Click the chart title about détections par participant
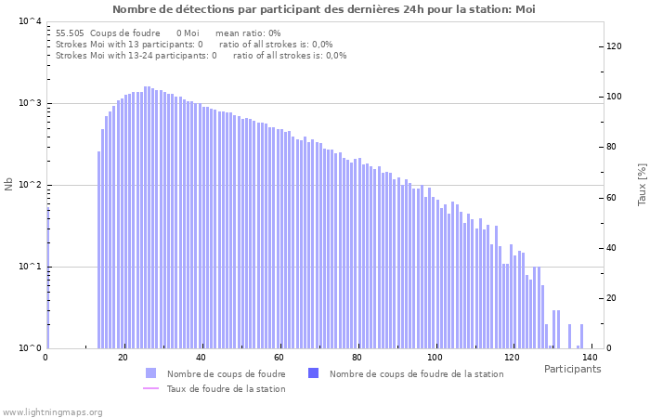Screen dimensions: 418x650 [x=324, y=9]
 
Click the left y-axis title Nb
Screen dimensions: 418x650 [x=9, y=184]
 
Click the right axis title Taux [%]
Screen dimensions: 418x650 [x=642, y=184]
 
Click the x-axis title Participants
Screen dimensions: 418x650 [x=572, y=369]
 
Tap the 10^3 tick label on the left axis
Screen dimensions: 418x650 [x=30, y=103]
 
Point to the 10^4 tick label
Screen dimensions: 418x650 [x=30, y=21]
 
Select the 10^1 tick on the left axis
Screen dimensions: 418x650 [x=30, y=267]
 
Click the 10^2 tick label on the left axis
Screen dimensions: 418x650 [x=30, y=185]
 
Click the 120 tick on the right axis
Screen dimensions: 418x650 [x=614, y=46]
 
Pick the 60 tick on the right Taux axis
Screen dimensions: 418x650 [x=614, y=198]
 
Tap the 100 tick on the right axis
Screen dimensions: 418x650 [x=614, y=97]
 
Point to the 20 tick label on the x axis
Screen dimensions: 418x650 [x=123, y=358]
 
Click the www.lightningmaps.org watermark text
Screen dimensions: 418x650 [x=53, y=411]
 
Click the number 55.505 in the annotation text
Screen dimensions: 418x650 [x=70, y=33]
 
